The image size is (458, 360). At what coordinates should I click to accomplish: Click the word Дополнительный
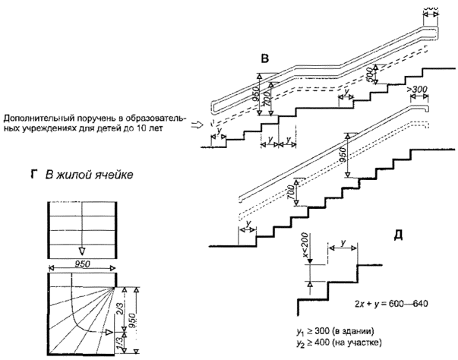[39, 118]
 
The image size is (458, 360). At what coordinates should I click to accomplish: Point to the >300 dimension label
[418, 90]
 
